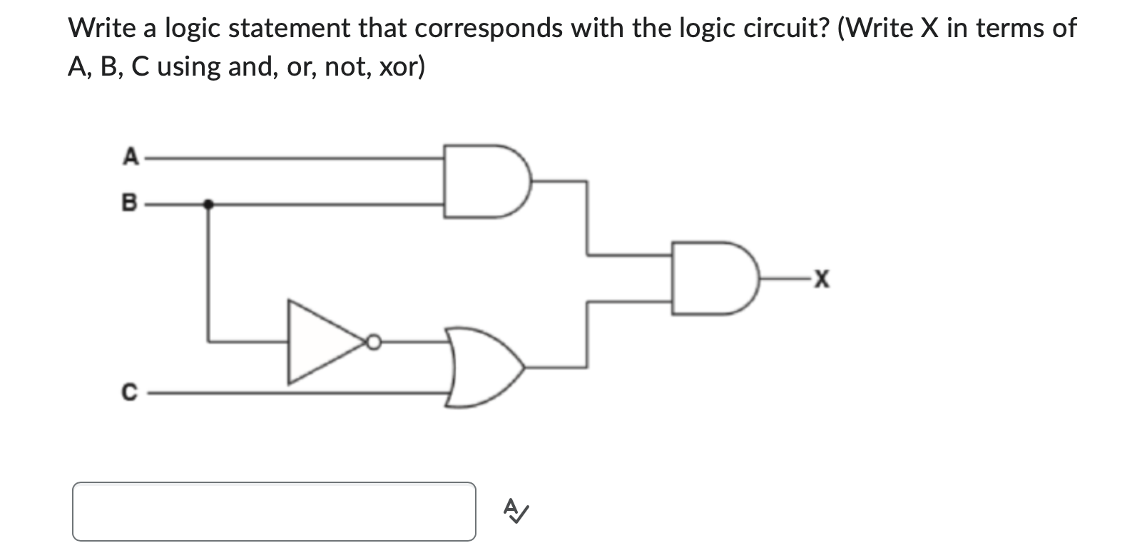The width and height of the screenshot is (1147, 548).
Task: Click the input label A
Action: (130, 156)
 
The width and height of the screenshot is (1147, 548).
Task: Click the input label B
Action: (130, 203)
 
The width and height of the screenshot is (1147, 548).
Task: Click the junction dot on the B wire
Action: (208, 204)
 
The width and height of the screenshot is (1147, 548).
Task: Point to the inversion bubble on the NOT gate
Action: (372, 343)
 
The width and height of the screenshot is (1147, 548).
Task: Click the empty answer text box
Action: (274, 511)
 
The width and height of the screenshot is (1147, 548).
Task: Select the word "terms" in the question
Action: (1008, 29)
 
